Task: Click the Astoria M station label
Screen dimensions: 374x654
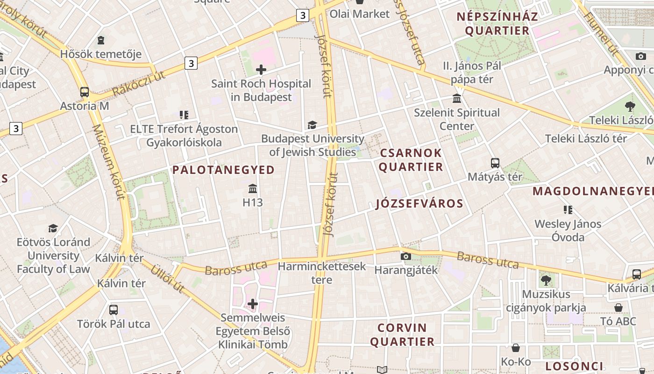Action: pos(85,106)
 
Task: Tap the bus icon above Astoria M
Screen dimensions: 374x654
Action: pos(85,92)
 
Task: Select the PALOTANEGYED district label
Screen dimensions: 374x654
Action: pos(224,170)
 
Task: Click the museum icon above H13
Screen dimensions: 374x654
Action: pos(253,189)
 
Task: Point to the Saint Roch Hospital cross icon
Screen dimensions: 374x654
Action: pos(261,70)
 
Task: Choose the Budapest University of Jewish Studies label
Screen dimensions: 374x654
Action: pos(313,145)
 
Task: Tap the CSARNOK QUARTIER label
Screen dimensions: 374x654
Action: pos(411,160)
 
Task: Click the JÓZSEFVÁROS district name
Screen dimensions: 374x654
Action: pos(419,203)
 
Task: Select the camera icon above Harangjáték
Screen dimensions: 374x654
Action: pos(406,256)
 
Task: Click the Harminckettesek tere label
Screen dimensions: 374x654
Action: pos(322,273)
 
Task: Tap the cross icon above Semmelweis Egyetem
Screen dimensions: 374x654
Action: pos(253,304)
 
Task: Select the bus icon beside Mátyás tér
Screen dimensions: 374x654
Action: pos(495,163)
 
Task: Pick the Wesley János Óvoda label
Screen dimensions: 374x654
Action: pos(568,230)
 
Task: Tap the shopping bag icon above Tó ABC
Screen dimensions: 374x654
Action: pos(618,308)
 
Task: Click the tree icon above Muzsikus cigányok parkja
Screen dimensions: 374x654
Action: pos(546,280)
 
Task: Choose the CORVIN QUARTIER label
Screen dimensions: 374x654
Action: pos(402,335)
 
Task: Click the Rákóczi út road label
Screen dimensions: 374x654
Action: pos(139,83)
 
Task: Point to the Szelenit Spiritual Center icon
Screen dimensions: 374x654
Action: pos(457,99)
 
